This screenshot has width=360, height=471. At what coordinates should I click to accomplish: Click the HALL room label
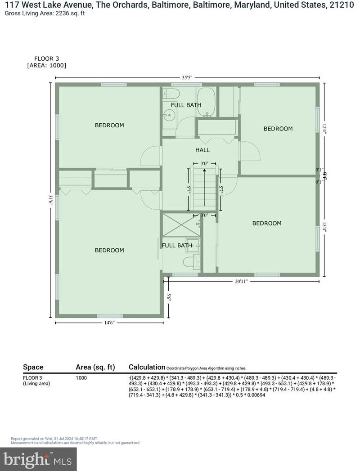coord(202,150)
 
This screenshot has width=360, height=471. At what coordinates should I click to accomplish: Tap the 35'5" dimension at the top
coord(187,77)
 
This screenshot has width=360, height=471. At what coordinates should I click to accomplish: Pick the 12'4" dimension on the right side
coord(324,128)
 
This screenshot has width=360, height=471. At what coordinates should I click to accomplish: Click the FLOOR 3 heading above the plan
coord(47,58)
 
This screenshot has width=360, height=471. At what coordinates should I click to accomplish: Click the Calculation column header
coord(146,367)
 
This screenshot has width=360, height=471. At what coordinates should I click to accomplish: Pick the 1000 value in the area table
coord(81,378)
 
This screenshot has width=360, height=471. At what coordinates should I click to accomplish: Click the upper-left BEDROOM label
coord(109,125)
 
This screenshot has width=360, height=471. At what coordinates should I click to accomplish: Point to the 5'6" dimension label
coord(168,297)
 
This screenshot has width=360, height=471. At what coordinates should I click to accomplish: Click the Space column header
coord(33,367)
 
